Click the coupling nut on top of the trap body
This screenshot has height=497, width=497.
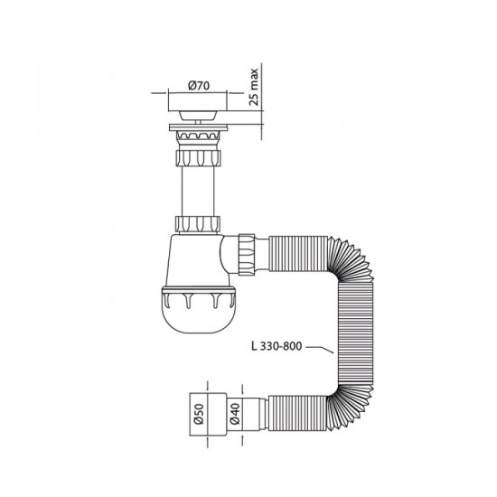click(x=194, y=223)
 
